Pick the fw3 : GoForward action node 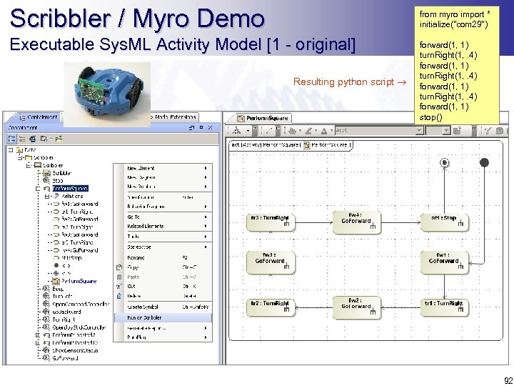pyautogui.click(x=270, y=262)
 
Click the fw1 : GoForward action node pyautogui.click(x=443, y=262)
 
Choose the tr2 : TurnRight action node pyautogui.click(x=270, y=306)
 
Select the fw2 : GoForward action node pyautogui.click(x=356, y=306)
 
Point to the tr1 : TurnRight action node pyautogui.click(x=443, y=306)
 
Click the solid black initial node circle pyautogui.click(x=484, y=163)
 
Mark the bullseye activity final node pyautogui.click(x=445, y=163)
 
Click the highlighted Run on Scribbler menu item pyautogui.click(x=163, y=317)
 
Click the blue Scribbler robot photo pyautogui.click(x=106, y=90)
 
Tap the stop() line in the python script pyautogui.click(x=431, y=117)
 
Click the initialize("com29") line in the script pyautogui.click(x=453, y=24)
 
